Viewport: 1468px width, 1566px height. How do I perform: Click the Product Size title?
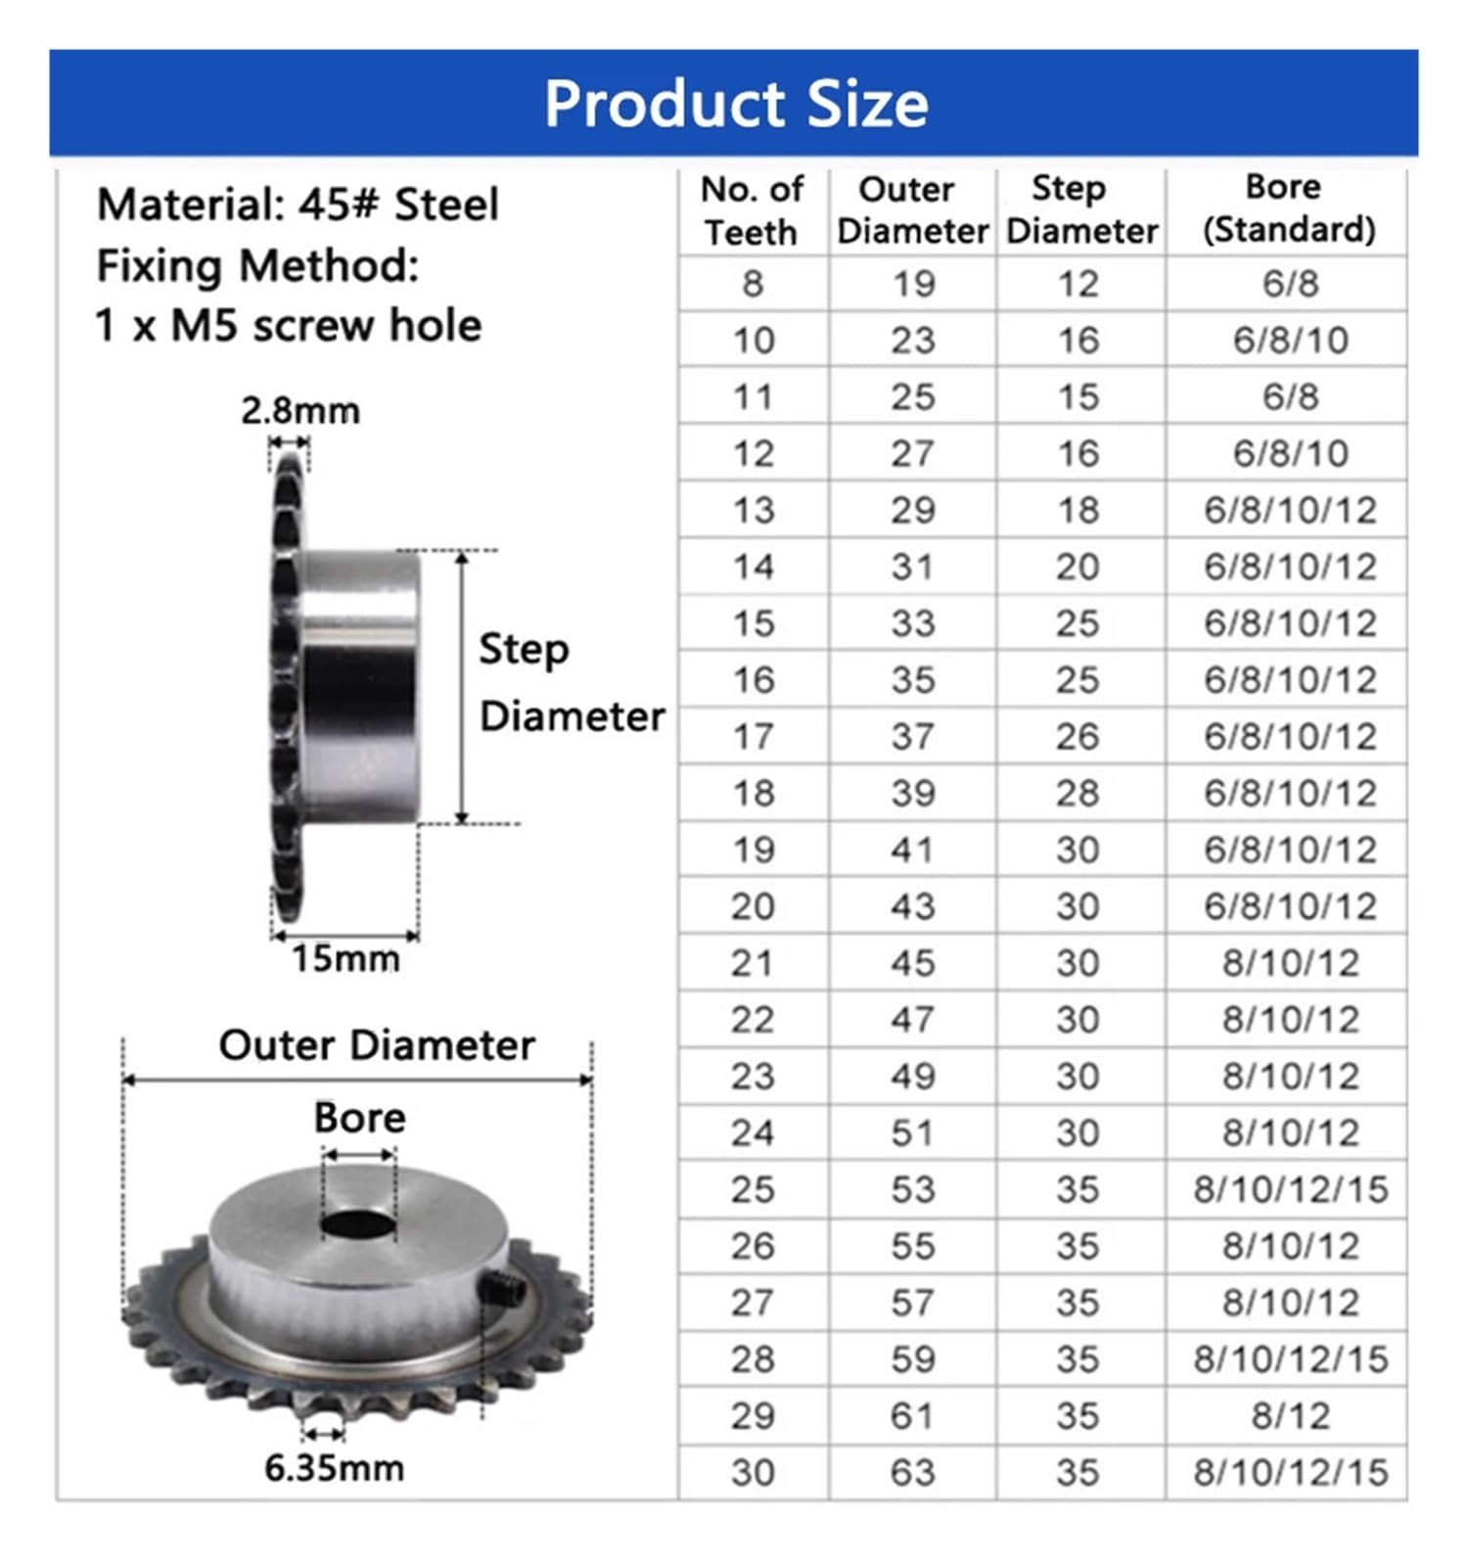coord(735,104)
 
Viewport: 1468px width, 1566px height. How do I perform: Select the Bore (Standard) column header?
coord(1288,208)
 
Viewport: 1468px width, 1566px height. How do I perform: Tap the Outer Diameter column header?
coord(911,210)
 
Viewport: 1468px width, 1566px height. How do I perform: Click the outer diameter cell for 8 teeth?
coord(912,285)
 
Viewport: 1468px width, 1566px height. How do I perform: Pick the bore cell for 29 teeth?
coord(1289,1416)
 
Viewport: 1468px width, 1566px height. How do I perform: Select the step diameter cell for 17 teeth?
coord(1078,737)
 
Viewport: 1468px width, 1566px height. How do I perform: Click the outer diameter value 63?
coord(912,1473)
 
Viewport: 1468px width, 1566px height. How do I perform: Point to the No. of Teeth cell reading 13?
coord(753,511)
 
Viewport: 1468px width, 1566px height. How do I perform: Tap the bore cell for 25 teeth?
coord(1289,1190)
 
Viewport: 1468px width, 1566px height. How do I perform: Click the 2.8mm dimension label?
coord(300,411)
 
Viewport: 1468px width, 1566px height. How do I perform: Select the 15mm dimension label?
coord(345,959)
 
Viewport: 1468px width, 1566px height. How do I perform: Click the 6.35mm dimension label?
coord(334,1468)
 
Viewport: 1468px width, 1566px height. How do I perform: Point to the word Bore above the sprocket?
coord(359,1118)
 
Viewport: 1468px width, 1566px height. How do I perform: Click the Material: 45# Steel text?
coord(298,206)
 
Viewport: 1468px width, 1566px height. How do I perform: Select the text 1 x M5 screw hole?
coord(288,326)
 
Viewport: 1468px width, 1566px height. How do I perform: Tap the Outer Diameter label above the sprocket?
coord(377,1045)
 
